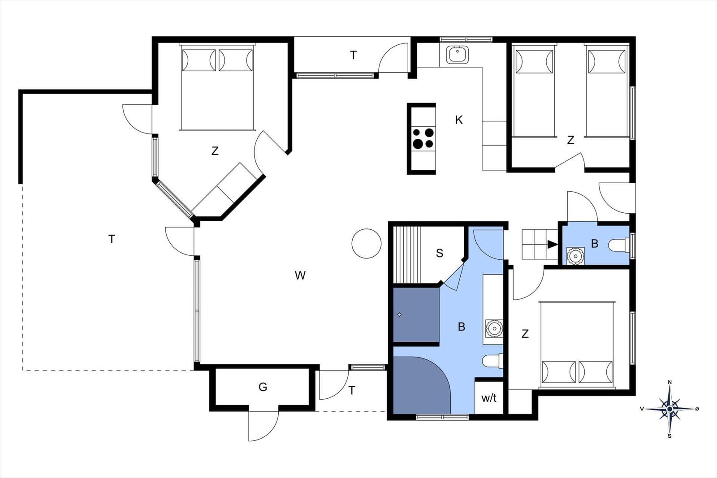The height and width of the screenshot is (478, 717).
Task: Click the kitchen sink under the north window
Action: pos(458,54)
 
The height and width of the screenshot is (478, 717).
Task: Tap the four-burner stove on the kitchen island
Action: pos(423,138)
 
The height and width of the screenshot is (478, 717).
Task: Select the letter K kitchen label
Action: pos(459,120)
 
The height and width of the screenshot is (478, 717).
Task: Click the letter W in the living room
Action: pos(300,275)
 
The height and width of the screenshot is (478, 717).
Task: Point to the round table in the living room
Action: pos(367,243)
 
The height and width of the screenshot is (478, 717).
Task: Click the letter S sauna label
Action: pos(440,253)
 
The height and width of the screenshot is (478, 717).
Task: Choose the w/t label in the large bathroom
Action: pos(489,398)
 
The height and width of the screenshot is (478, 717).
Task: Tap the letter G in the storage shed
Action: pos(263,387)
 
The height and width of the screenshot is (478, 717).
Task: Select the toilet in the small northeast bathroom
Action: pos(618,245)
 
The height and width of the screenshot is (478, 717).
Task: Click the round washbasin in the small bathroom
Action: pos(575,256)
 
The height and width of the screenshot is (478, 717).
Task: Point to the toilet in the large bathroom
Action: pos(492,361)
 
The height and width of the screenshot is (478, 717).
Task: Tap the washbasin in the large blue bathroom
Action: pos(493,328)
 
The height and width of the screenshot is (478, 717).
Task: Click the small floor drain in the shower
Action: pos(399,314)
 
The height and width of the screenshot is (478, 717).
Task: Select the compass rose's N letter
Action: pos(669,382)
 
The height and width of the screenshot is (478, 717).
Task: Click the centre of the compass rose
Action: pos(669,409)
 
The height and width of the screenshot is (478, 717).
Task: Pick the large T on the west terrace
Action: pos(112,239)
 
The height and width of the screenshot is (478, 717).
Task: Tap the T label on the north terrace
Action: pos(353,56)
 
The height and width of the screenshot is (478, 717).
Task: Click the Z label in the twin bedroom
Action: pos(570,140)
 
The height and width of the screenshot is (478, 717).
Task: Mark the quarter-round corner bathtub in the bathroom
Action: pos(421,385)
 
